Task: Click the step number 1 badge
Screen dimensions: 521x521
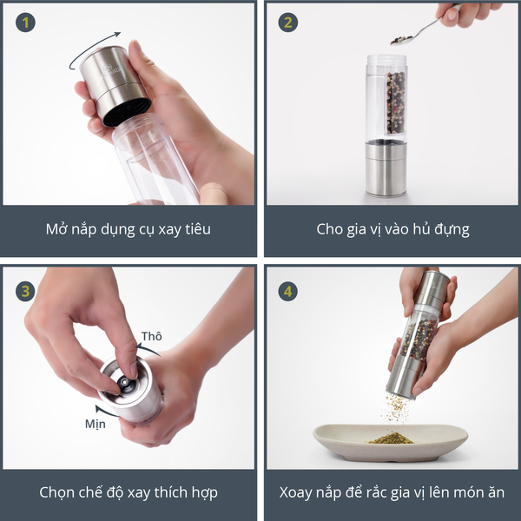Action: [x=25, y=23]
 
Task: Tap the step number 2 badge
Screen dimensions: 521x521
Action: [x=287, y=23]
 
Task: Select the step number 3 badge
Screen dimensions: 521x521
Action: [x=25, y=292]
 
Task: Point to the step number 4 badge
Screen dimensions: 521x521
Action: [x=287, y=292]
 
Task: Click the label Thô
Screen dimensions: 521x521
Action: [x=151, y=336]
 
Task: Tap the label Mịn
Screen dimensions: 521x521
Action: [x=96, y=424]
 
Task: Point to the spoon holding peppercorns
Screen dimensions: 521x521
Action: [x=422, y=30]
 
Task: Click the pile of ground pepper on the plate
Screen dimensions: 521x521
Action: [x=392, y=439]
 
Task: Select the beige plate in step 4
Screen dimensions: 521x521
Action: [x=391, y=442]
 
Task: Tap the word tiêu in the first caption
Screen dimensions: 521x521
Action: [x=198, y=229]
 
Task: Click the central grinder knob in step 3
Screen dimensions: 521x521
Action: [x=124, y=383]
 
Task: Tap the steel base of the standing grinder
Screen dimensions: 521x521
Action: [x=386, y=168]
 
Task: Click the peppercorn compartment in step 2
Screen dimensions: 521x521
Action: [x=395, y=103]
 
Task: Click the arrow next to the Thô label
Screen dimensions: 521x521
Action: [x=148, y=349]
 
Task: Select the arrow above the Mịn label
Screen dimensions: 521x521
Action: [x=106, y=411]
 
